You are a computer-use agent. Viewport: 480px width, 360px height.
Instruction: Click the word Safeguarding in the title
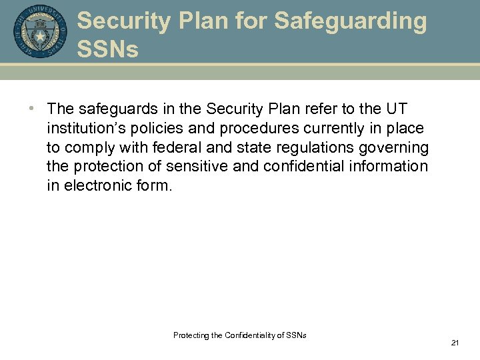pyautogui.click(x=350, y=21)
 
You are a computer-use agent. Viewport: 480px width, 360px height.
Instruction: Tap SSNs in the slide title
pyautogui.click(x=107, y=48)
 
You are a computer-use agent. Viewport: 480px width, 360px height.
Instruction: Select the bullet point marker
pyautogui.click(x=32, y=109)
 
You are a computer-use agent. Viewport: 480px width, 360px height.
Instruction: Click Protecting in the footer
pyautogui.click(x=190, y=335)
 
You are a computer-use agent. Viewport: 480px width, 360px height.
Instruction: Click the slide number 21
pyautogui.click(x=455, y=343)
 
